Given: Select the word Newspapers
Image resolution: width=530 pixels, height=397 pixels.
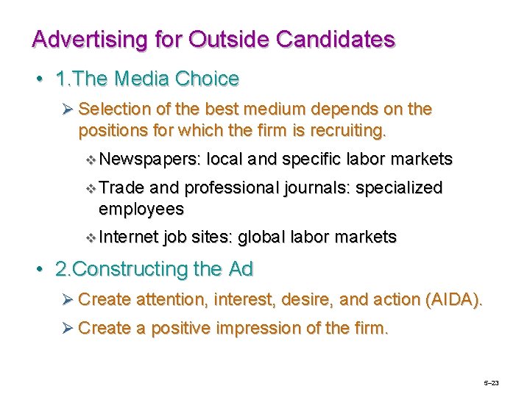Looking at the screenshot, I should click(x=150, y=160).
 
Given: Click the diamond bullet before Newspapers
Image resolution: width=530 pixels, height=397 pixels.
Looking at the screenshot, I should click(x=91, y=160).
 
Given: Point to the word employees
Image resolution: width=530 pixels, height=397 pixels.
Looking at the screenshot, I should click(x=141, y=209).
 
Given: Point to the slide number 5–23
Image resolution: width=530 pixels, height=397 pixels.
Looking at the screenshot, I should click(x=491, y=383).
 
